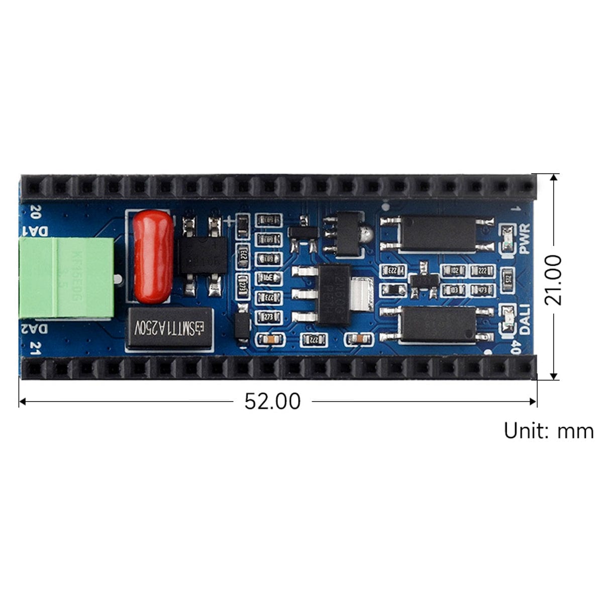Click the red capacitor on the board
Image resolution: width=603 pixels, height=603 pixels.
point(153,257)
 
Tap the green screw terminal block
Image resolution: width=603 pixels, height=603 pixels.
point(67,277)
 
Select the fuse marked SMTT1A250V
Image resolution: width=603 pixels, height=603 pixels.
point(170,329)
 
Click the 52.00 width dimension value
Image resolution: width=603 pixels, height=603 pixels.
point(272,401)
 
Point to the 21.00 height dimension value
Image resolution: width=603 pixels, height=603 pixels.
point(553,279)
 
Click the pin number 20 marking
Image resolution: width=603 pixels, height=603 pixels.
point(36,210)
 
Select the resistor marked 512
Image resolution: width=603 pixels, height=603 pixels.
point(508,277)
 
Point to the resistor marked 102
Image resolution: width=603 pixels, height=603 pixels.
point(455,271)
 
